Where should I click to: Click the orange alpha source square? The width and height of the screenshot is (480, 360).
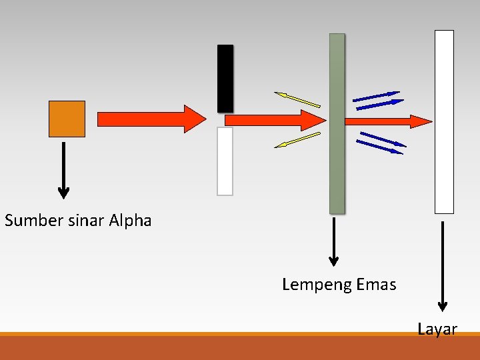[x=67, y=119]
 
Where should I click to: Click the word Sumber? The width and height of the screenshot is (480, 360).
[x=34, y=221]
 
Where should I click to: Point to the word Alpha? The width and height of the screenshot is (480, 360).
[x=131, y=221]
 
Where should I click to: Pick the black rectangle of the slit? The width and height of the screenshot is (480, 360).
[x=225, y=78]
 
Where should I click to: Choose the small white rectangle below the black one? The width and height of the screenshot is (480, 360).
[x=225, y=161]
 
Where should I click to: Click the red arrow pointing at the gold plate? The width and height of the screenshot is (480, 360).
[x=273, y=121]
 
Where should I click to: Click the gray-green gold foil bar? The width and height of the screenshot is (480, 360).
[x=337, y=123]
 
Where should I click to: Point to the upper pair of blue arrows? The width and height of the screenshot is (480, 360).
[x=378, y=99]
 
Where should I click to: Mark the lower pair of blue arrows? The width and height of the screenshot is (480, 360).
[x=381, y=142]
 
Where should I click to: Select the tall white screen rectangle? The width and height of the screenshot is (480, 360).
[x=444, y=121]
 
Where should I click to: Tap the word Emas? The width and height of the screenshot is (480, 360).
[x=377, y=285]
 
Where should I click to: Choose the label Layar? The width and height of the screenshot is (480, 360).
[x=437, y=329]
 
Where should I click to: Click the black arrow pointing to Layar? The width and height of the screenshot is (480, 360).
[x=442, y=267]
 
